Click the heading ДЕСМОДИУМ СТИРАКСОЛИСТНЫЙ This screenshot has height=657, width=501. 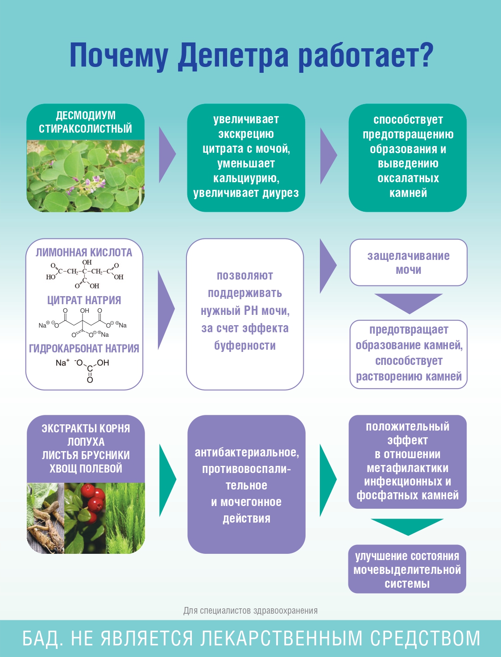click(85, 122)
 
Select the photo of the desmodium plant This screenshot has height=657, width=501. click(85, 176)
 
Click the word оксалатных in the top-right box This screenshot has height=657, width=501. click(408, 178)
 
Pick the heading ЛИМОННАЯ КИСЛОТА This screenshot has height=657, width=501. click(84, 252)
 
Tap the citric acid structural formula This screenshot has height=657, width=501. click(85, 273)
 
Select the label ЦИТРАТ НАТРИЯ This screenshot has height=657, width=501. click(84, 300)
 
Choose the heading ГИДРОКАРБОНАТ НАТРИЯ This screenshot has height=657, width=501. click(84, 348)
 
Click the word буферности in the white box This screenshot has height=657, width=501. click(244, 346)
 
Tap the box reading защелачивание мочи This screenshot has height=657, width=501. click(408, 263)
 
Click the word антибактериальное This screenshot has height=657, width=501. click(246, 452)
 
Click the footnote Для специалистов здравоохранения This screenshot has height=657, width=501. click(250, 611)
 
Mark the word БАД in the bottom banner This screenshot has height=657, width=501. click(42, 638)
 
